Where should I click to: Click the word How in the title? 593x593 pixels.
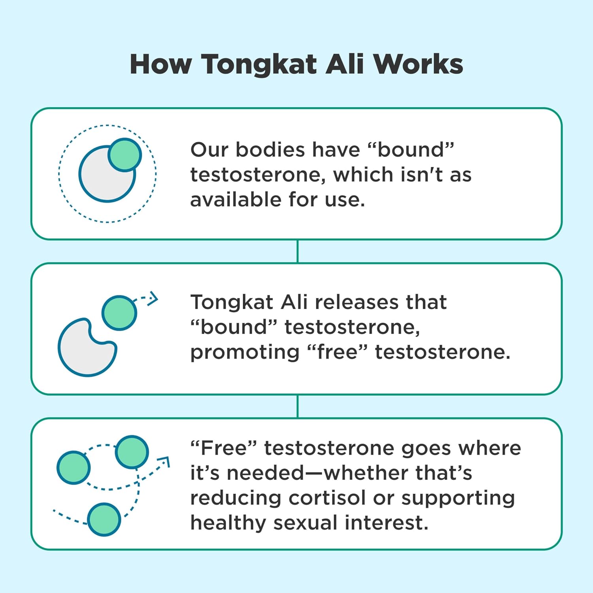[161, 64]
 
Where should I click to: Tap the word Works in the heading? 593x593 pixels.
[418, 64]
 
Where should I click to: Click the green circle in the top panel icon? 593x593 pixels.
[125, 155]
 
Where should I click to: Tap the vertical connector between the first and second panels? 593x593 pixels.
[297, 251]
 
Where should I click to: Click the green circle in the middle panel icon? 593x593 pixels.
[119, 313]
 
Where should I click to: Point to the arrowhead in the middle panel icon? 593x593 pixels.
[153, 299]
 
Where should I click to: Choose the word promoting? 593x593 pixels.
[245, 352]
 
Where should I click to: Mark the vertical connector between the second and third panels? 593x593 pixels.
[297, 406]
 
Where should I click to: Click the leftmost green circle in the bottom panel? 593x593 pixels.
[74, 467]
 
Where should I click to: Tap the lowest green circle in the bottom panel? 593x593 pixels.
[104, 519]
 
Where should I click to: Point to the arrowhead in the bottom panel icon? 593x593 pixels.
[164, 462]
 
